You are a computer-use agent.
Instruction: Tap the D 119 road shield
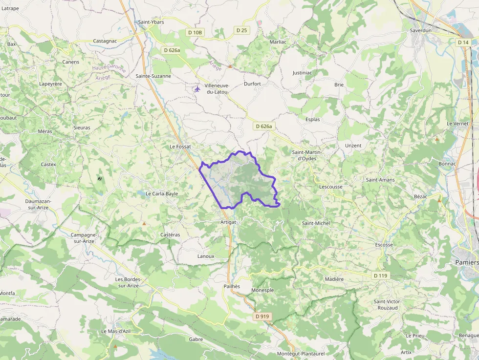(380, 276)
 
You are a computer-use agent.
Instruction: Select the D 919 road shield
(262, 317)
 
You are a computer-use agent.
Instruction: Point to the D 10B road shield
(195, 32)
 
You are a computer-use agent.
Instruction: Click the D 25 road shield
(241, 30)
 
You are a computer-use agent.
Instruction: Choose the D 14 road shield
(463, 42)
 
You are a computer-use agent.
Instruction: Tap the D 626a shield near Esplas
(263, 127)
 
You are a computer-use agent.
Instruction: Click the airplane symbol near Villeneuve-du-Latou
(197, 89)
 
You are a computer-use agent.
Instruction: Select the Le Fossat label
(180, 146)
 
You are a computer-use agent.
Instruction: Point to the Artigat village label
(228, 222)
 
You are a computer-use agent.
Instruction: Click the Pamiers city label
(467, 262)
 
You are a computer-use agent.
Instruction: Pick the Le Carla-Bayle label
(162, 193)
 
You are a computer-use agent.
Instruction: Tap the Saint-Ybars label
(151, 22)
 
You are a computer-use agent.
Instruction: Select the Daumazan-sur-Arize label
(39, 204)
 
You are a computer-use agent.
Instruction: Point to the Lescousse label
(330, 187)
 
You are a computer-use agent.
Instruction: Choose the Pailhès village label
(232, 286)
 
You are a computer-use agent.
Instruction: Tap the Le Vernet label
(457, 124)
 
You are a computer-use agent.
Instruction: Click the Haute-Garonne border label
(109, 69)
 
